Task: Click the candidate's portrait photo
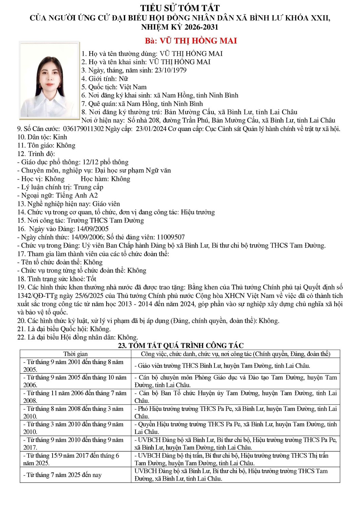pyautogui.click(x=50, y=80)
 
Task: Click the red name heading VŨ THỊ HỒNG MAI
pyautogui.click(x=191, y=41)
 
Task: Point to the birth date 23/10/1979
pyautogui.click(x=171, y=70)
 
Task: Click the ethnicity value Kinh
pyautogui.click(x=60, y=137)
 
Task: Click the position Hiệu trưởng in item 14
pyautogui.click(x=198, y=212)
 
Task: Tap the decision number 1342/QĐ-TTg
pyautogui.click(x=37, y=296)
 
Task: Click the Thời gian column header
pyautogui.click(x=75, y=354)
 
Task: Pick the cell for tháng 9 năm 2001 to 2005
pyautogui.click(x=75, y=366)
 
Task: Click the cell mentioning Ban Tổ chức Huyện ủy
pyautogui.click(x=235, y=397)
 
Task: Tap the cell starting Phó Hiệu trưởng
pyautogui.click(x=235, y=412)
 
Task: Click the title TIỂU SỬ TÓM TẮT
pyautogui.click(x=180, y=8)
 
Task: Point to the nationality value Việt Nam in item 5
pyautogui.click(x=133, y=87)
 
